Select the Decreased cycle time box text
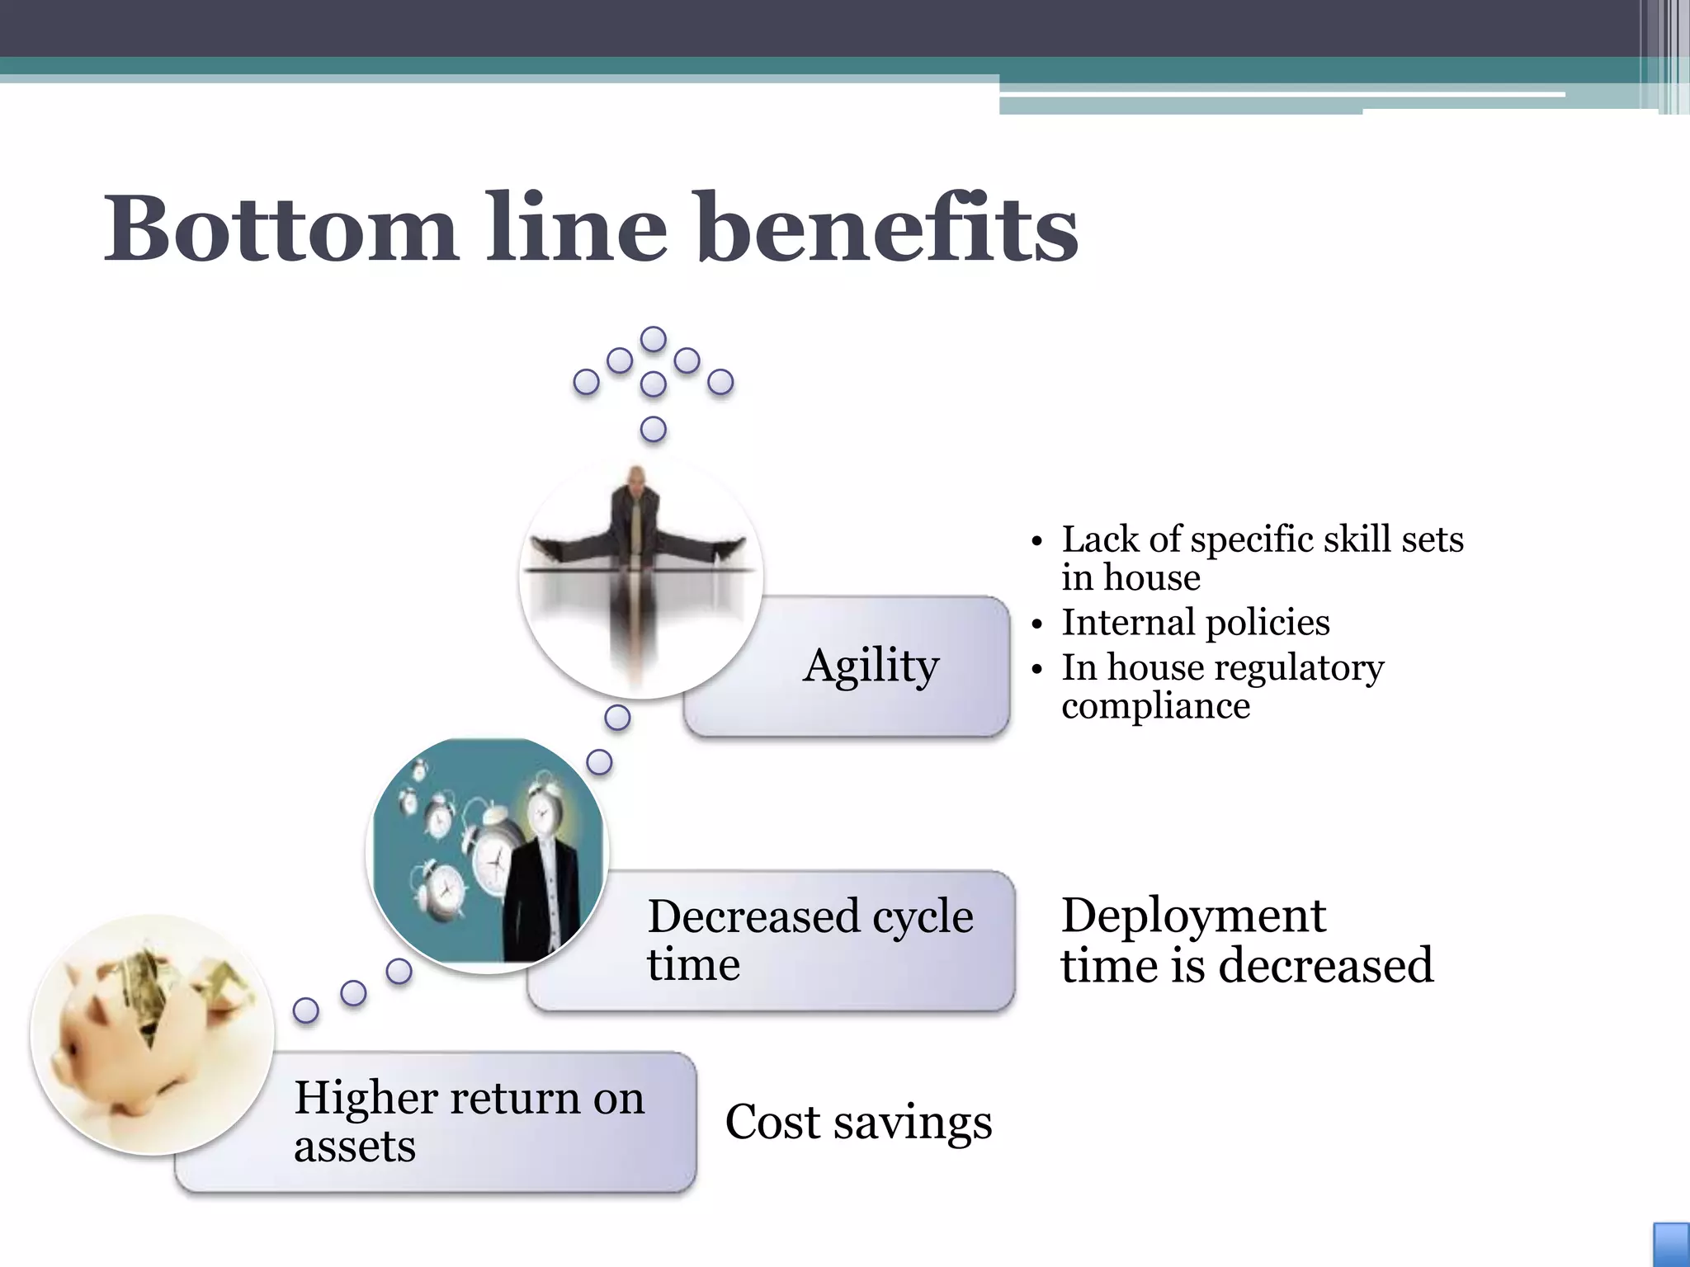click(x=810, y=940)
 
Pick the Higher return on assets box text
click(x=469, y=1121)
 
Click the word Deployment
click(x=1193, y=916)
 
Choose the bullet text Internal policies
click(x=1196, y=622)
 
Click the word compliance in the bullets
click(x=1155, y=706)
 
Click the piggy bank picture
click(x=153, y=1035)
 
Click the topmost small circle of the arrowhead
click(x=654, y=339)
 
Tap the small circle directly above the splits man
click(x=654, y=429)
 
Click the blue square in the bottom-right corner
click(x=1671, y=1245)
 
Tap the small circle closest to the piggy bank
click(x=306, y=1010)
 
